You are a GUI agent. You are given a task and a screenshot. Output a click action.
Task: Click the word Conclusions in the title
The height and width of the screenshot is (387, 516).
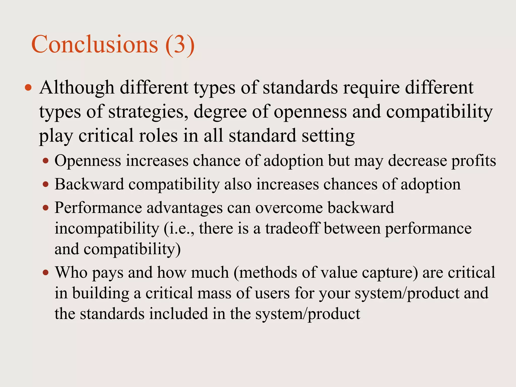pyautogui.click(x=94, y=44)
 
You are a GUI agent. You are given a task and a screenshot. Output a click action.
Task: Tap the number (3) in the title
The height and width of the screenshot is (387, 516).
pyautogui.click(x=180, y=45)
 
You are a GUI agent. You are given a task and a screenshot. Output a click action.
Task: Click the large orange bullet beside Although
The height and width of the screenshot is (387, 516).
pyautogui.click(x=28, y=88)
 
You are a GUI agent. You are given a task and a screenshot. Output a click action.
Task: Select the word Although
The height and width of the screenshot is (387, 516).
pyautogui.click(x=77, y=88)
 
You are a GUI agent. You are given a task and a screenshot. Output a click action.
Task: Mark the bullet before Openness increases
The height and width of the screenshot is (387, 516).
pyautogui.click(x=46, y=161)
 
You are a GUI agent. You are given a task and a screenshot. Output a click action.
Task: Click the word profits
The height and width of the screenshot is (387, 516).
pyautogui.click(x=473, y=161)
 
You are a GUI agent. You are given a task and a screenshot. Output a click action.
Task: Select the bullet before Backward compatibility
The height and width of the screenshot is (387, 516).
pyautogui.click(x=46, y=184)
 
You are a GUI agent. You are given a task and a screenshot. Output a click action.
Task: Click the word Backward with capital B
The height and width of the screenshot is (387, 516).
pyautogui.click(x=89, y=184)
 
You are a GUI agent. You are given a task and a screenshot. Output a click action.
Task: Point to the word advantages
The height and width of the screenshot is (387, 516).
pyautogui.click(x=184, y=208)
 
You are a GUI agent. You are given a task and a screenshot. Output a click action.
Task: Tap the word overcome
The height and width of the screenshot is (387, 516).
pyautogui.click(x=289, y=208)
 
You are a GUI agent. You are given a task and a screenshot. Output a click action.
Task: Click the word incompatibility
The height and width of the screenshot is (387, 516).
pyautogui.click(x=107, y=229)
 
